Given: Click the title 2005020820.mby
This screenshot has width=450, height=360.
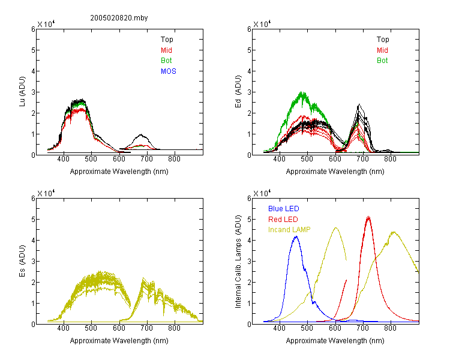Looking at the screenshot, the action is click(119, 18).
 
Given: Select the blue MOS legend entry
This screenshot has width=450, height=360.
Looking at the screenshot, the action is click(169, 71).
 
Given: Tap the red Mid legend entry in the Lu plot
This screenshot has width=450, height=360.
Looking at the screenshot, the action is click(166, 50).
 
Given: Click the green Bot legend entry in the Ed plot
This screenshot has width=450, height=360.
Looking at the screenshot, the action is click(382, 61).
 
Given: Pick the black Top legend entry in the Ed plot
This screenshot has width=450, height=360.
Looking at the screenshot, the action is click(383, 40).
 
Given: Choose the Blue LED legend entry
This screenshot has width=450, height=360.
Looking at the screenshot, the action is click(284, 209).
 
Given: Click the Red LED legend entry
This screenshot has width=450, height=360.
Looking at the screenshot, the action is click(283, 220).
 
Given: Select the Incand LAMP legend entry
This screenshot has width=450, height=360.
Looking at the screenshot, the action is click(289, 230).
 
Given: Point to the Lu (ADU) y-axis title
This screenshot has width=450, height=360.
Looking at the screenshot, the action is click(22, 92).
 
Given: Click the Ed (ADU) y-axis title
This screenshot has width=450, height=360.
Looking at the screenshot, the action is click(238, 92).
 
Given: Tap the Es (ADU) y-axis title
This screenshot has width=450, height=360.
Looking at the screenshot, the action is click(22, 261).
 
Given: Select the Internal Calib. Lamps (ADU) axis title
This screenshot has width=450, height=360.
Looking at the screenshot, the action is click(238, 262).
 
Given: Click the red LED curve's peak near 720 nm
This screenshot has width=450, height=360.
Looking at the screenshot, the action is click(368, 217).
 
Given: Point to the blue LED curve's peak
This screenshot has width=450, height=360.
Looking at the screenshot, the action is click(296, 236).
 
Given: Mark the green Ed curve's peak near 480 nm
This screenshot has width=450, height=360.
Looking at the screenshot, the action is click(302, 92).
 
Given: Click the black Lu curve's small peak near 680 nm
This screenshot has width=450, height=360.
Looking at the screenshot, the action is click(141, 134).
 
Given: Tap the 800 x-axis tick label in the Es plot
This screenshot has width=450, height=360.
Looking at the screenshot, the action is click(174, 328).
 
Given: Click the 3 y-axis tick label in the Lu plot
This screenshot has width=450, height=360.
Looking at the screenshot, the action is click(33, 92).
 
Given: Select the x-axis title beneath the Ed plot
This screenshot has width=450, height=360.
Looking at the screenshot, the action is click(335, 172).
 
